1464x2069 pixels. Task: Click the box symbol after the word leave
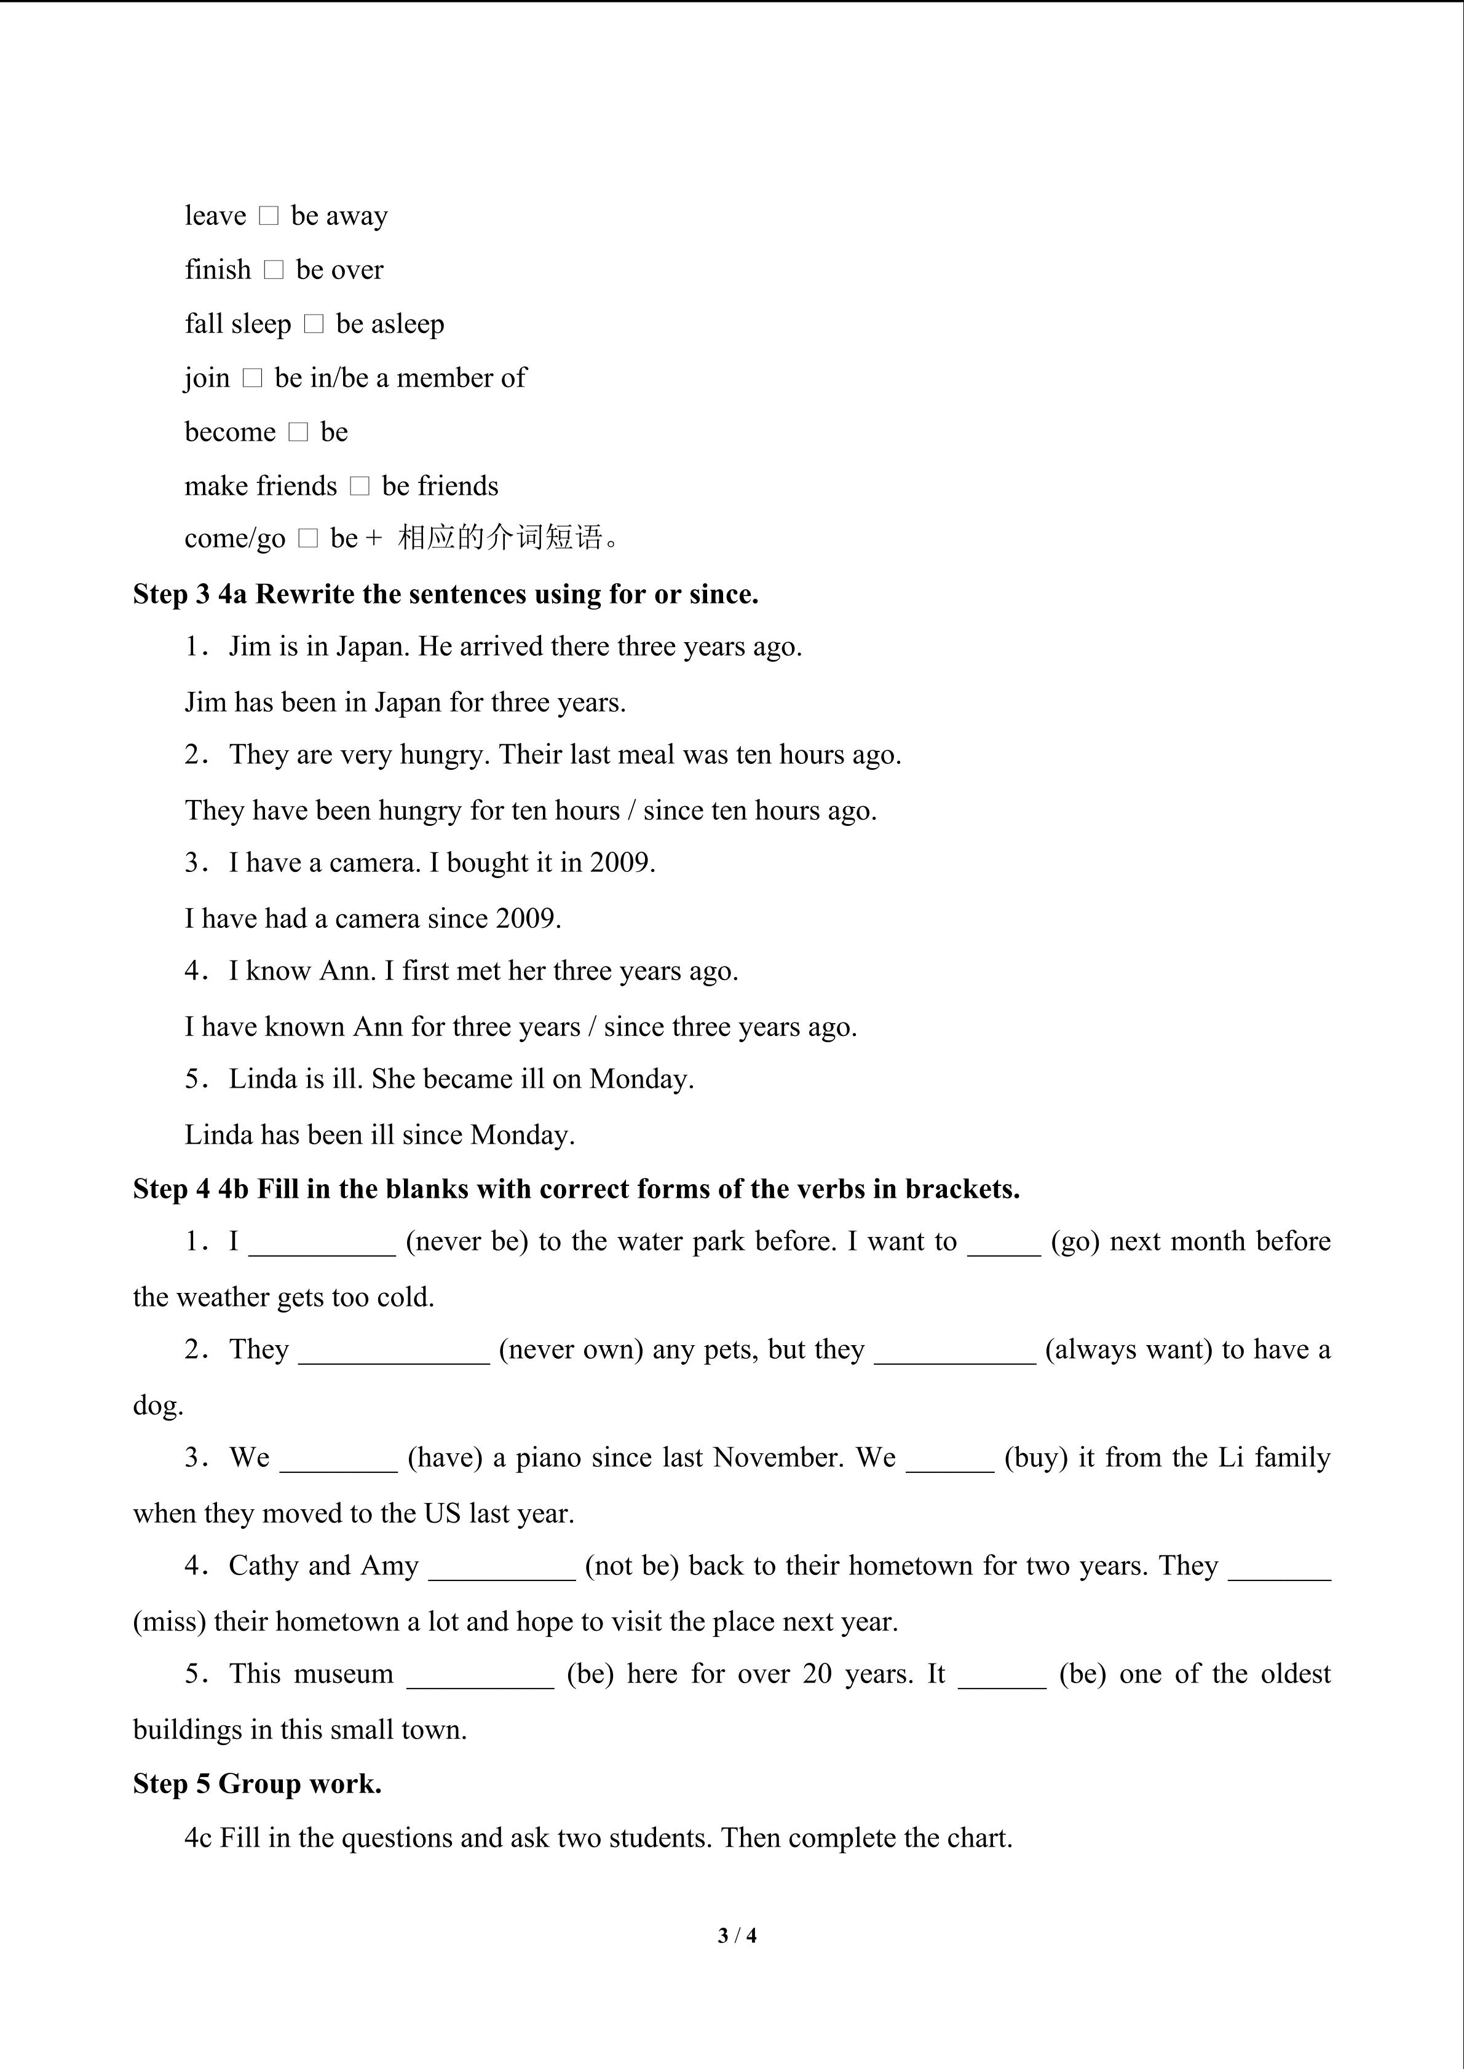click(x=269, y=216)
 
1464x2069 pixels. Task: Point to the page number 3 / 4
click(x=737, y=1934)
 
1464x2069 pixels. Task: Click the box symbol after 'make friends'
click(x=360, y=487)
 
